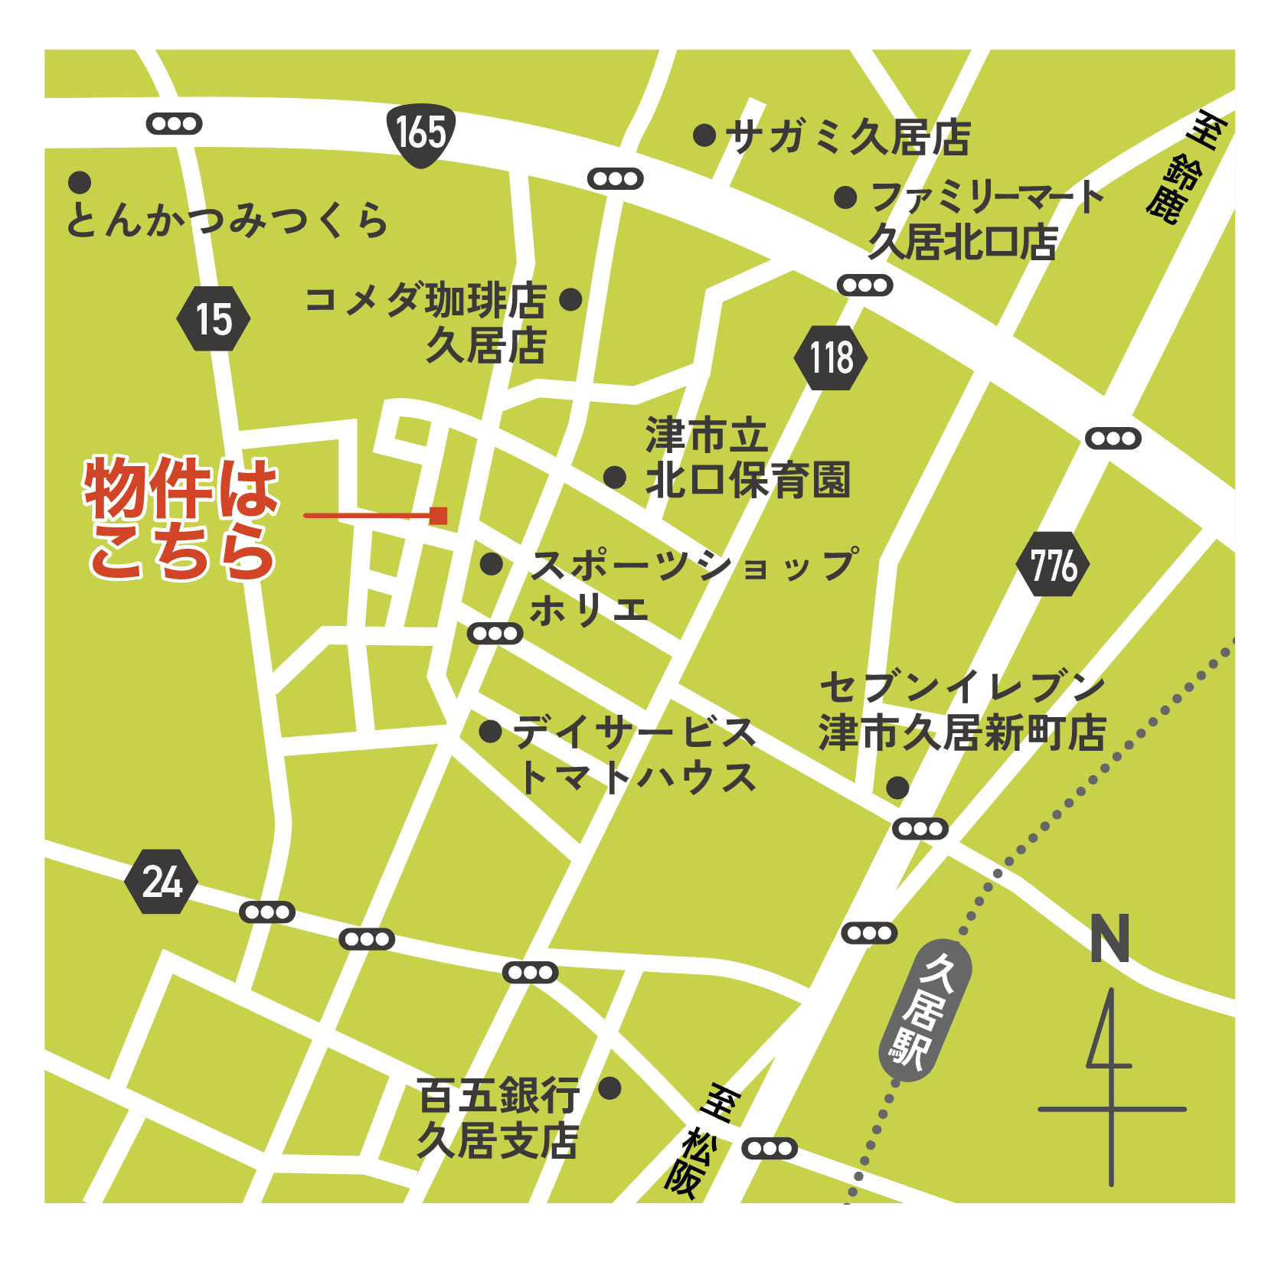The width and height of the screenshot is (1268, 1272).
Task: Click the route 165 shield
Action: click(x=420, y=134)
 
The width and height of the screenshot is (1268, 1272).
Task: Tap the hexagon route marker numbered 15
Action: click(x=214, y=319)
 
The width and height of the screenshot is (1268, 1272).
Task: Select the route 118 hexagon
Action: click(x=831, y=357)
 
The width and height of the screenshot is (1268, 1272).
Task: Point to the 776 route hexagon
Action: click(x=1053, y=566)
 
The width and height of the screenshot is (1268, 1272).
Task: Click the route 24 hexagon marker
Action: click(x=162, y=882)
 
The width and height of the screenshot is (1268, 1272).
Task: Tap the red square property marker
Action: click(x=438, y=515)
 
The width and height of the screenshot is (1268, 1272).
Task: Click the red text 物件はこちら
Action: click(x=181, y=518)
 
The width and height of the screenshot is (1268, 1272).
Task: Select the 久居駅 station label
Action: click(x=925, y=1010)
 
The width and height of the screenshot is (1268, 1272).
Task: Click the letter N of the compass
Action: click(x=1109, y=938)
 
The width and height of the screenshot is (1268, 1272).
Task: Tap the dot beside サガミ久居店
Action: click(x=704, y=135)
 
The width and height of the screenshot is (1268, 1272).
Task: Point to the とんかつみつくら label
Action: click(x=227, y=220)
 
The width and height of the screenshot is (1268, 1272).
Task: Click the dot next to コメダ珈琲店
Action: click(x=570, y=299)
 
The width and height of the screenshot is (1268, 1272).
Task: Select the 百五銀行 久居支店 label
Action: click(x=498, y=1118)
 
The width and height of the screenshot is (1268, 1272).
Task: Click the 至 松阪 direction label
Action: click(x=698, y=1140)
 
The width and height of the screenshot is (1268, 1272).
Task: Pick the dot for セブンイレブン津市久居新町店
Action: click(x=897, y=787)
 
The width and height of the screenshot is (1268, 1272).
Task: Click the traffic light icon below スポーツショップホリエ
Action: click(x=495, y=634)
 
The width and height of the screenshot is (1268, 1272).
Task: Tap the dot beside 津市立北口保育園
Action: click(x=615, y=478)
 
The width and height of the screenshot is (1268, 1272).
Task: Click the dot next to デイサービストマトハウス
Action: click(x=490, y=731)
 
